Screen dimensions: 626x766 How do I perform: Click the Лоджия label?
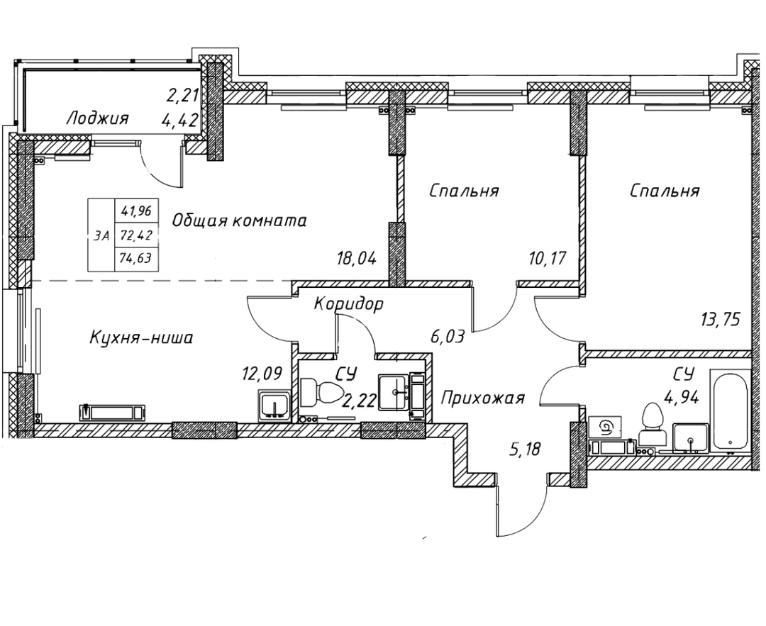[97, 118]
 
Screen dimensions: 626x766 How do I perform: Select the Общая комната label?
[239, 220]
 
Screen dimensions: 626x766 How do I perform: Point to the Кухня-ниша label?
[141, 337]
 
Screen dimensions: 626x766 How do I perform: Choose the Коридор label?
[349, 304]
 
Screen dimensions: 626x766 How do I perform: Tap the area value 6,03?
[447, 336]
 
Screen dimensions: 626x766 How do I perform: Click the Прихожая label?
[482, 398]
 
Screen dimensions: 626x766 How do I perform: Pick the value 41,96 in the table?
[137, 210]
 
